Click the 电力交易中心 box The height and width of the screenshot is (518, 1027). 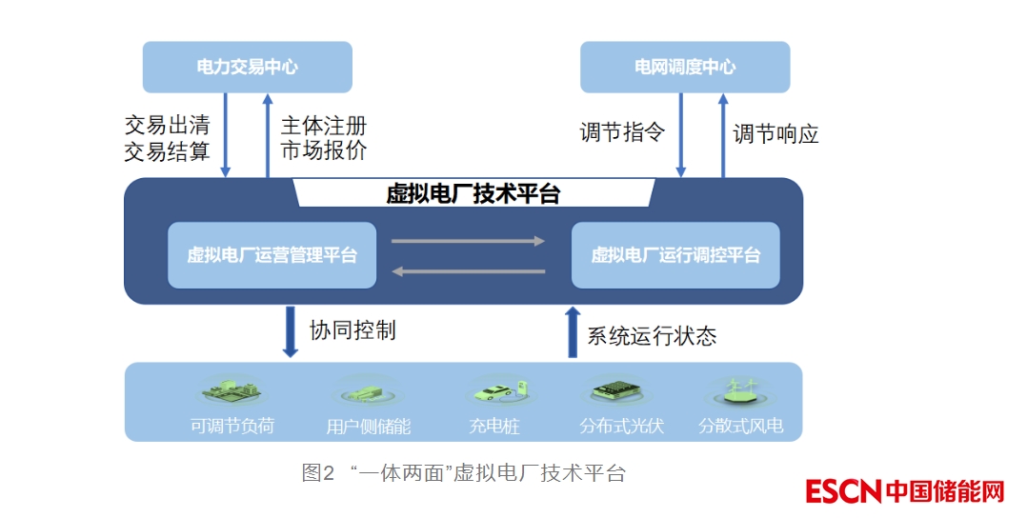[x=247, y=67]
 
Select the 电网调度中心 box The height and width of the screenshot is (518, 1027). [x=685, y=67]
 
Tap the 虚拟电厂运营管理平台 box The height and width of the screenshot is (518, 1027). [x=272, y=255]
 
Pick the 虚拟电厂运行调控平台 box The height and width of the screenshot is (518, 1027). [x=675, y=255]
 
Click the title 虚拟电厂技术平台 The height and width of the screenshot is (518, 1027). [x=473, y=193]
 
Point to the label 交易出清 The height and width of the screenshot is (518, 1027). [x=167, y=125]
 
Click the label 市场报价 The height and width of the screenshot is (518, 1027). [x=324, y=150]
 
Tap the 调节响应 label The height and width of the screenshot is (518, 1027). [x=775, y=133]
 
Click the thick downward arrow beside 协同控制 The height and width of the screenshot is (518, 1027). [x=291, y=331]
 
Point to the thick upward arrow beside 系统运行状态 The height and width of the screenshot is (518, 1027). [x=572, y=331]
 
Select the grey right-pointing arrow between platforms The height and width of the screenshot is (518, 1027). [x=468, y=241]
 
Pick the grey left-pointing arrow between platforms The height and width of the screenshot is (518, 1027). [x=468, y=271]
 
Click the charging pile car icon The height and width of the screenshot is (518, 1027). [x=495, y=390]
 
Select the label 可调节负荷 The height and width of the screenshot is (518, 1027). [x=232, y=426]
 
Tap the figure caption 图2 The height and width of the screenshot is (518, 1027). [x=318, y=473]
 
